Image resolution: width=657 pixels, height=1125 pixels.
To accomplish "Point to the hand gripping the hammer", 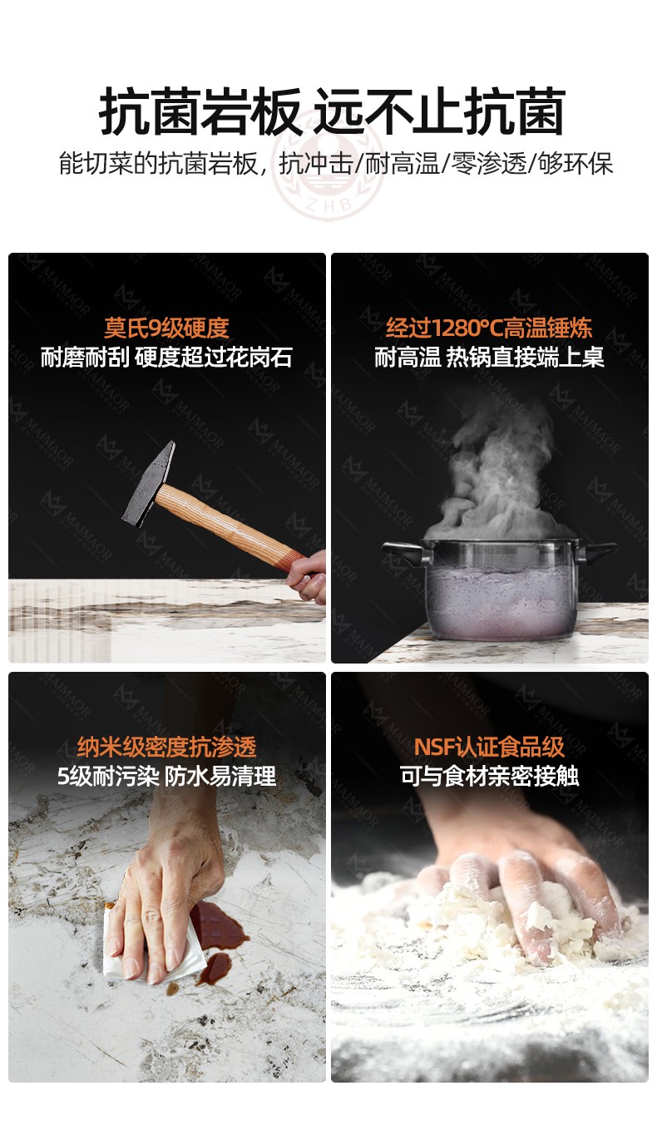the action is point(306,576).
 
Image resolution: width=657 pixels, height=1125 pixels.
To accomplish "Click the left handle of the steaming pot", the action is point(405,554).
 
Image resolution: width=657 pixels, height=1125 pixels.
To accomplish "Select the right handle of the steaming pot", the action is point(595,552).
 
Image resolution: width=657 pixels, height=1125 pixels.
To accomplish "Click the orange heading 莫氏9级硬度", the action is point(167,328).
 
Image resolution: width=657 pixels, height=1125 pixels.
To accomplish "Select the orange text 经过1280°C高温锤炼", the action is point(489,328).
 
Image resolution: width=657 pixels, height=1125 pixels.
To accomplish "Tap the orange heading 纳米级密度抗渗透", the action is point(167,747).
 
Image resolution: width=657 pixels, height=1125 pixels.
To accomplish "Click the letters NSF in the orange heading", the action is point(434,747).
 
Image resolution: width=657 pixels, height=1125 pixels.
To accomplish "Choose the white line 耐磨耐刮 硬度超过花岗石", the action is point(166,358).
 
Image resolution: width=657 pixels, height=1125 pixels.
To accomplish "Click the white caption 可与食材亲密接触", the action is point(489,776).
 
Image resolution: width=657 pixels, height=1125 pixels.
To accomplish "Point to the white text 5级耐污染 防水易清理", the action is point(166,777).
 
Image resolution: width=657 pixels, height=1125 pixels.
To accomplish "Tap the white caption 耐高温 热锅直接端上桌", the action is point(489,358).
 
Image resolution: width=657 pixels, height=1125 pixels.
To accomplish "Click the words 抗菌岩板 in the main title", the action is point(200,111).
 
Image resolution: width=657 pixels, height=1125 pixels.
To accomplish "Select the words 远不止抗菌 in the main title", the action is point(440,111).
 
